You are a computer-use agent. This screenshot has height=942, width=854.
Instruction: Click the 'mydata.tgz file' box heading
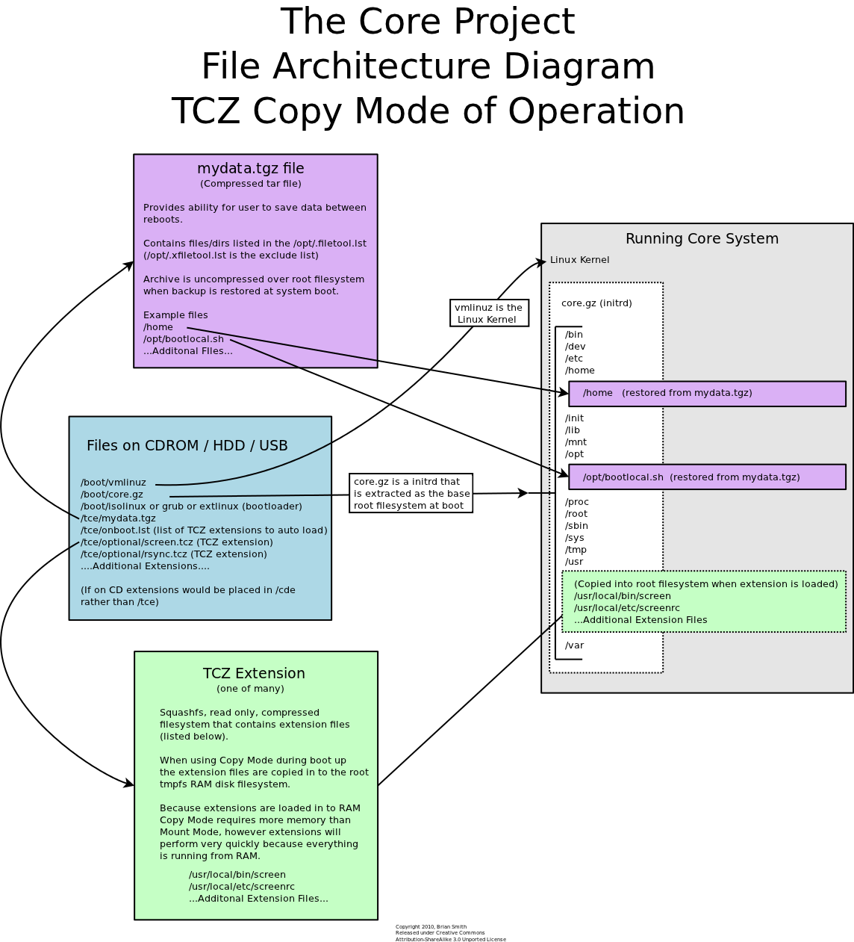251,169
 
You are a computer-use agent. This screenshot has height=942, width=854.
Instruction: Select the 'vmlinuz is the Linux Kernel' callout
489,313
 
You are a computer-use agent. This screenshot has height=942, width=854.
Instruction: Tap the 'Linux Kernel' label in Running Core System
579,260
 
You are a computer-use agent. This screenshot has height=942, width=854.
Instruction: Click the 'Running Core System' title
702,239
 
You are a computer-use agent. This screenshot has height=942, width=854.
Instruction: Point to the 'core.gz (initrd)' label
596,303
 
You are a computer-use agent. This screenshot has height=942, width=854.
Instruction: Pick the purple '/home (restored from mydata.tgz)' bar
707,394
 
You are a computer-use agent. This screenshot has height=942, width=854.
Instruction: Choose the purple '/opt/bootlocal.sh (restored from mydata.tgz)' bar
707,477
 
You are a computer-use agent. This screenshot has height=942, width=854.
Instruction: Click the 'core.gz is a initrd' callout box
411,493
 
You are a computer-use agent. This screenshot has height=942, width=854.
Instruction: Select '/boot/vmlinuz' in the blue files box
113,483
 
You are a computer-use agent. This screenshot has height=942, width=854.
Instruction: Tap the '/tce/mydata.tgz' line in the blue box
118,518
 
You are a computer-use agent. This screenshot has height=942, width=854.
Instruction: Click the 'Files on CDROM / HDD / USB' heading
187,446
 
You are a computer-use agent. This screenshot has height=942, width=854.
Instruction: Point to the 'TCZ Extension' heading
254,674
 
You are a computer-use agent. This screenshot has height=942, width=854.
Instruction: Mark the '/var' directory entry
574,645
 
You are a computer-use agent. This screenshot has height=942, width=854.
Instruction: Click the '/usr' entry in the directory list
574,562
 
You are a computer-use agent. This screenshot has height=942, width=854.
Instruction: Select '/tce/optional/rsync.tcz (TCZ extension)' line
173,554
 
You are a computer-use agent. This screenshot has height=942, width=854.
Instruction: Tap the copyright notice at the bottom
450,933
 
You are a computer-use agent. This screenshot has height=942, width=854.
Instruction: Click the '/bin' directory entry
573,335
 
